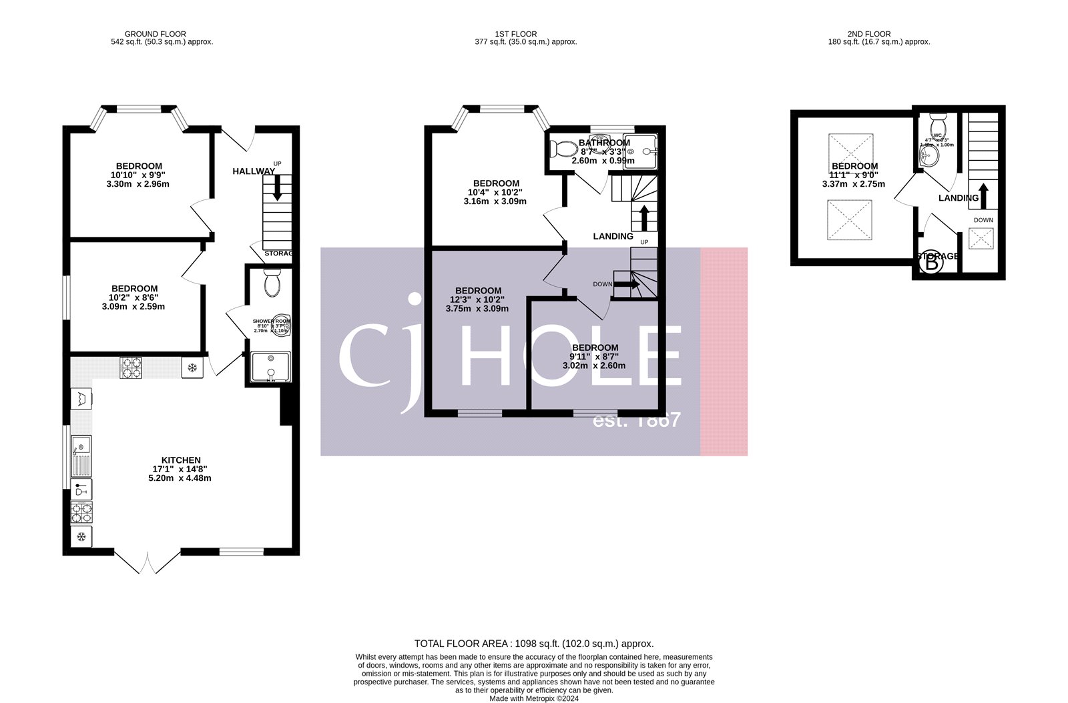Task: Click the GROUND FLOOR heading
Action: point(155,34)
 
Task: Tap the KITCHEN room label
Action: point(182,460)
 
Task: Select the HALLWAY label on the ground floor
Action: point(254,171)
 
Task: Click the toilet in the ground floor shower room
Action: point(272,283)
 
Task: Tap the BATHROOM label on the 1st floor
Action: point(604,143)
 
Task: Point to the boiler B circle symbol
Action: point(931,264)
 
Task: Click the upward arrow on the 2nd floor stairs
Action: point(983,195)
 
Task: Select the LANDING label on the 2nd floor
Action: point(958,198)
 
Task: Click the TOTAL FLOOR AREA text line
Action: point(534,644)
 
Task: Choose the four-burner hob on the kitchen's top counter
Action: point(131,368)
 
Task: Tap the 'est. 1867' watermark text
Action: point(637,420)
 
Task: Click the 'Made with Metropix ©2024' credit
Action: point(534,699)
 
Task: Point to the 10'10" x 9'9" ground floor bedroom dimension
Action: point(139,175)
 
